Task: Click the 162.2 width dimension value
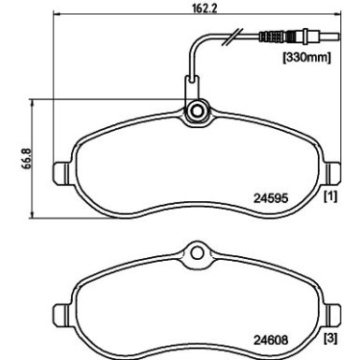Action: coord(204,7)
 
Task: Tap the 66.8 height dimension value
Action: coord(27,158)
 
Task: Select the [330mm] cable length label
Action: coord(307,58)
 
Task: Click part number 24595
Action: coord(270,198)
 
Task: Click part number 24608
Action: coord(270,339)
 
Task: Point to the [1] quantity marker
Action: coord(331,196)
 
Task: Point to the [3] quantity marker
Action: coord(331,338)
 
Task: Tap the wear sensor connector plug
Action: coord(299,36)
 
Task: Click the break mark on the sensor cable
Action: coord(232,36)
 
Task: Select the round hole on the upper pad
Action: coord(197,111)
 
